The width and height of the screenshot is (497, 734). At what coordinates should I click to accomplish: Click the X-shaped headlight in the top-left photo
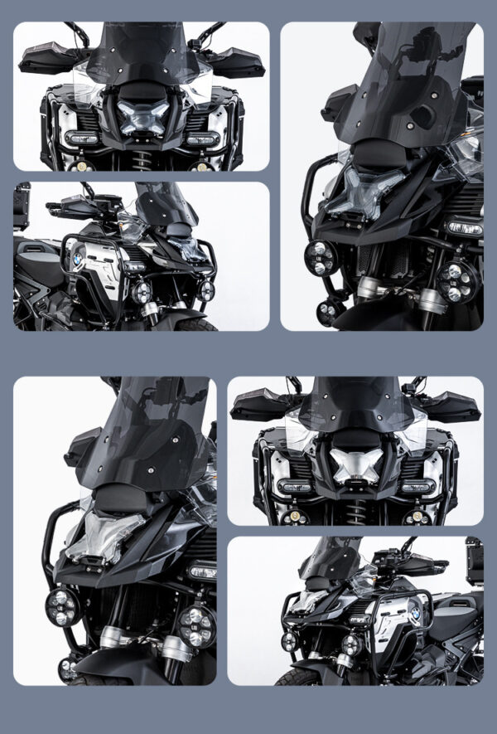[142, 116]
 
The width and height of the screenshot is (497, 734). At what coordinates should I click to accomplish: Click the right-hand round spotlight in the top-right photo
[454, 283]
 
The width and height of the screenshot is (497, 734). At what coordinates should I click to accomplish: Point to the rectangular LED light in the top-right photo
[463, 228]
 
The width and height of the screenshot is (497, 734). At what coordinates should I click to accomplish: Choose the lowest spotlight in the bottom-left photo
[67, 666]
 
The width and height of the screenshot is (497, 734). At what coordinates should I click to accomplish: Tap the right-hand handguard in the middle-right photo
[453, 407]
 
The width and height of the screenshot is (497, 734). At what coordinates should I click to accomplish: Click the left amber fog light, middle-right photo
[291, 518]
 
